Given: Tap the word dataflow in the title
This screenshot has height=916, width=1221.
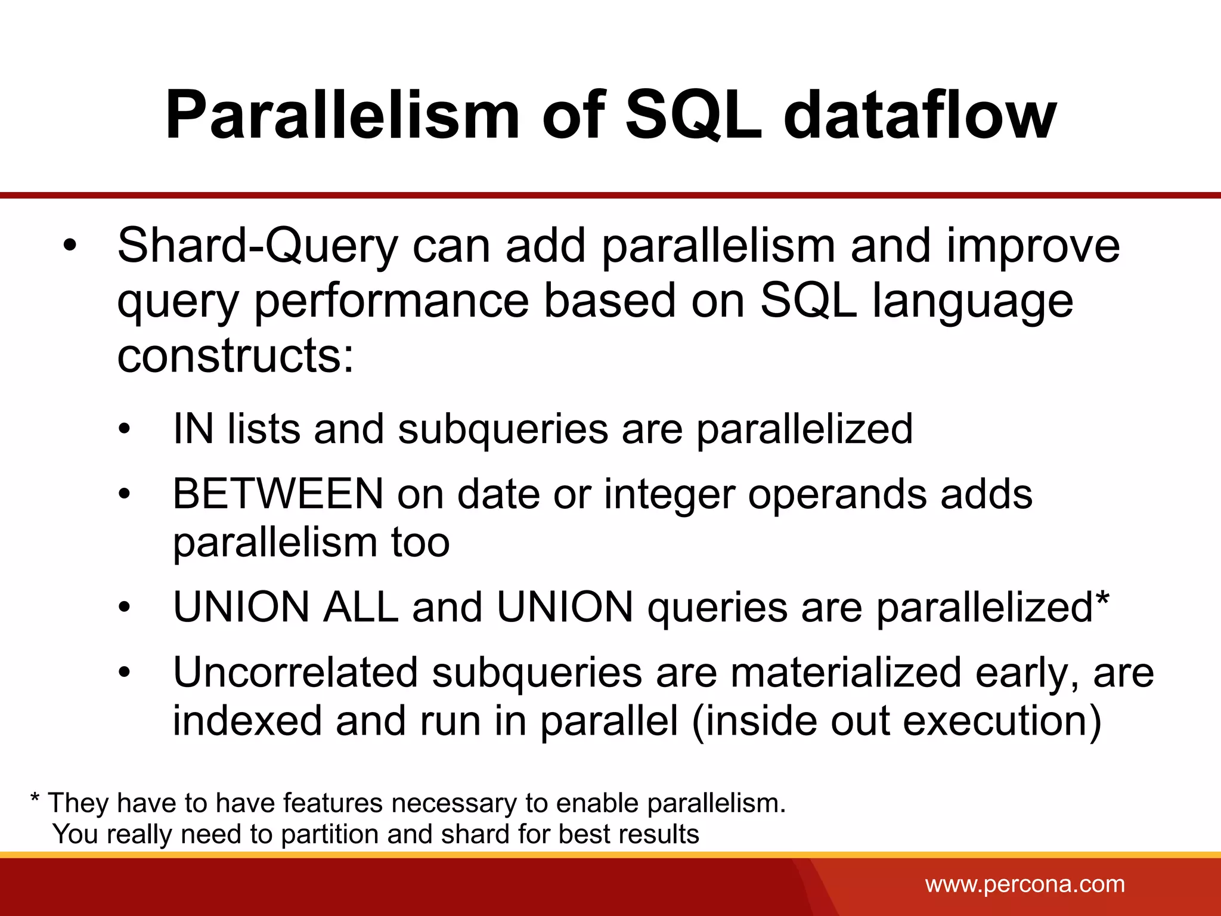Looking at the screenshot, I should (920, 114).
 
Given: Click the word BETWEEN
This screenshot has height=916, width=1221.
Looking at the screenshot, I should (278, 494).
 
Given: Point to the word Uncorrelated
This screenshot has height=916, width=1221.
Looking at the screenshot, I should (295, 673).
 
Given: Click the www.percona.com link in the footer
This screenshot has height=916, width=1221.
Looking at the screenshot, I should (1025, 884).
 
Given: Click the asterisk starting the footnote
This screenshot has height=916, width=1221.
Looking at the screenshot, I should (35, 799).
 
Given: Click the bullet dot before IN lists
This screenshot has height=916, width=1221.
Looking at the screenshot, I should (123, 429).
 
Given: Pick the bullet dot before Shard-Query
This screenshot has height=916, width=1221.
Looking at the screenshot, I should (70, 246).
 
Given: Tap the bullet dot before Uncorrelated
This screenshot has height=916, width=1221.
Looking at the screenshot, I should (123, 673).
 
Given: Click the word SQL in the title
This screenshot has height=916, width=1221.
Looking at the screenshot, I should (693, 114).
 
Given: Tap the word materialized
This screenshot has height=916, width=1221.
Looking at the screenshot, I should (845, 673).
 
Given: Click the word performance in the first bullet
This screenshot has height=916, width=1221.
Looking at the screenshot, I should (392, 302).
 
